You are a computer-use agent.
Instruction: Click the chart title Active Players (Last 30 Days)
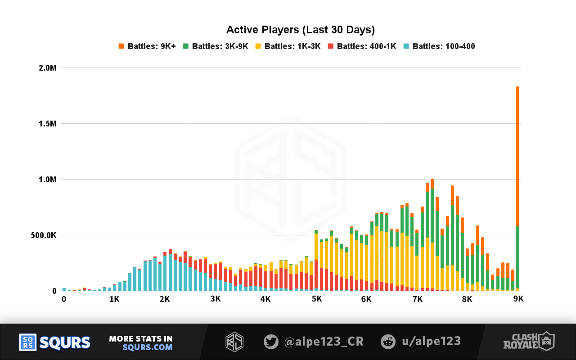300,30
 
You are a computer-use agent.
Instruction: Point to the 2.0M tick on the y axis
47,68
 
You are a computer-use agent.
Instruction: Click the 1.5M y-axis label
47,124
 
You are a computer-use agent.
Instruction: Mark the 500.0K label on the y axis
44,235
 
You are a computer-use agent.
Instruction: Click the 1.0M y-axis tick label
47,180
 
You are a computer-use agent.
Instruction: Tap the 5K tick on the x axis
317,299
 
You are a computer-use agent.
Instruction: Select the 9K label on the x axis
518,299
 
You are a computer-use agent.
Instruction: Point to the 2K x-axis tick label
165,299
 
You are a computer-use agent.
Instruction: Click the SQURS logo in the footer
54,342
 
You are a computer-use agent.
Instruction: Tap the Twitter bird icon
271,342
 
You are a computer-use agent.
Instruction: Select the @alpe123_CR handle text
324,342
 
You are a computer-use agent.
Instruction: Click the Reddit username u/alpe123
431,342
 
